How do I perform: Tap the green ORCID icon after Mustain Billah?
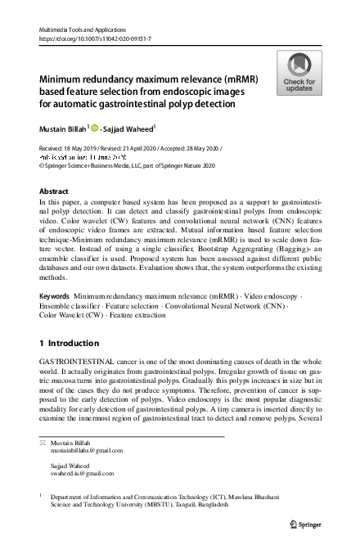[x=95, y=128]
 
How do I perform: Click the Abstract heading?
[x=56, y=190]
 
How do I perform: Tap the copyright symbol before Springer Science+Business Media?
[x=43, y=164]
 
